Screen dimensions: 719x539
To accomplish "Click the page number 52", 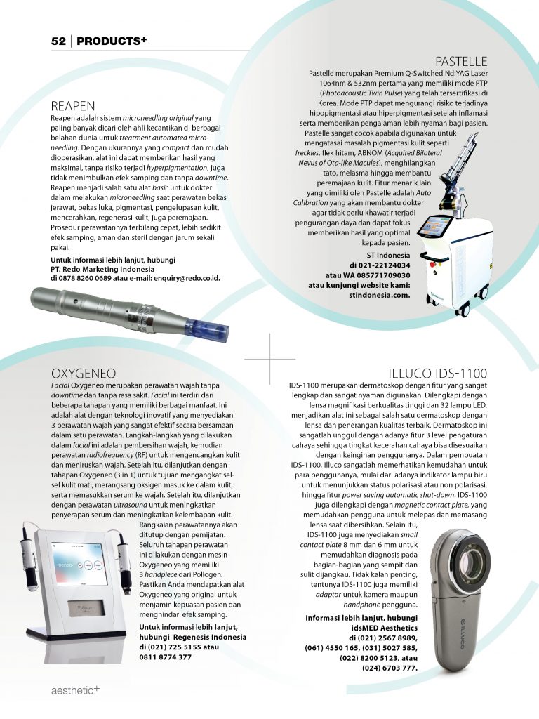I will point(58,41).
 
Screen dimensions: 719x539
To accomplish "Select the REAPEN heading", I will point(73,106).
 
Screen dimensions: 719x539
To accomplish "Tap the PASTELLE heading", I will point(461,61).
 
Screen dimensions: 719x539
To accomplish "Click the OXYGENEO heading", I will point(84,373).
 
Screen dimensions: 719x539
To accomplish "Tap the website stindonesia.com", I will point(379,296).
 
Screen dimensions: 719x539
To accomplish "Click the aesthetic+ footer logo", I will point(75,690).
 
